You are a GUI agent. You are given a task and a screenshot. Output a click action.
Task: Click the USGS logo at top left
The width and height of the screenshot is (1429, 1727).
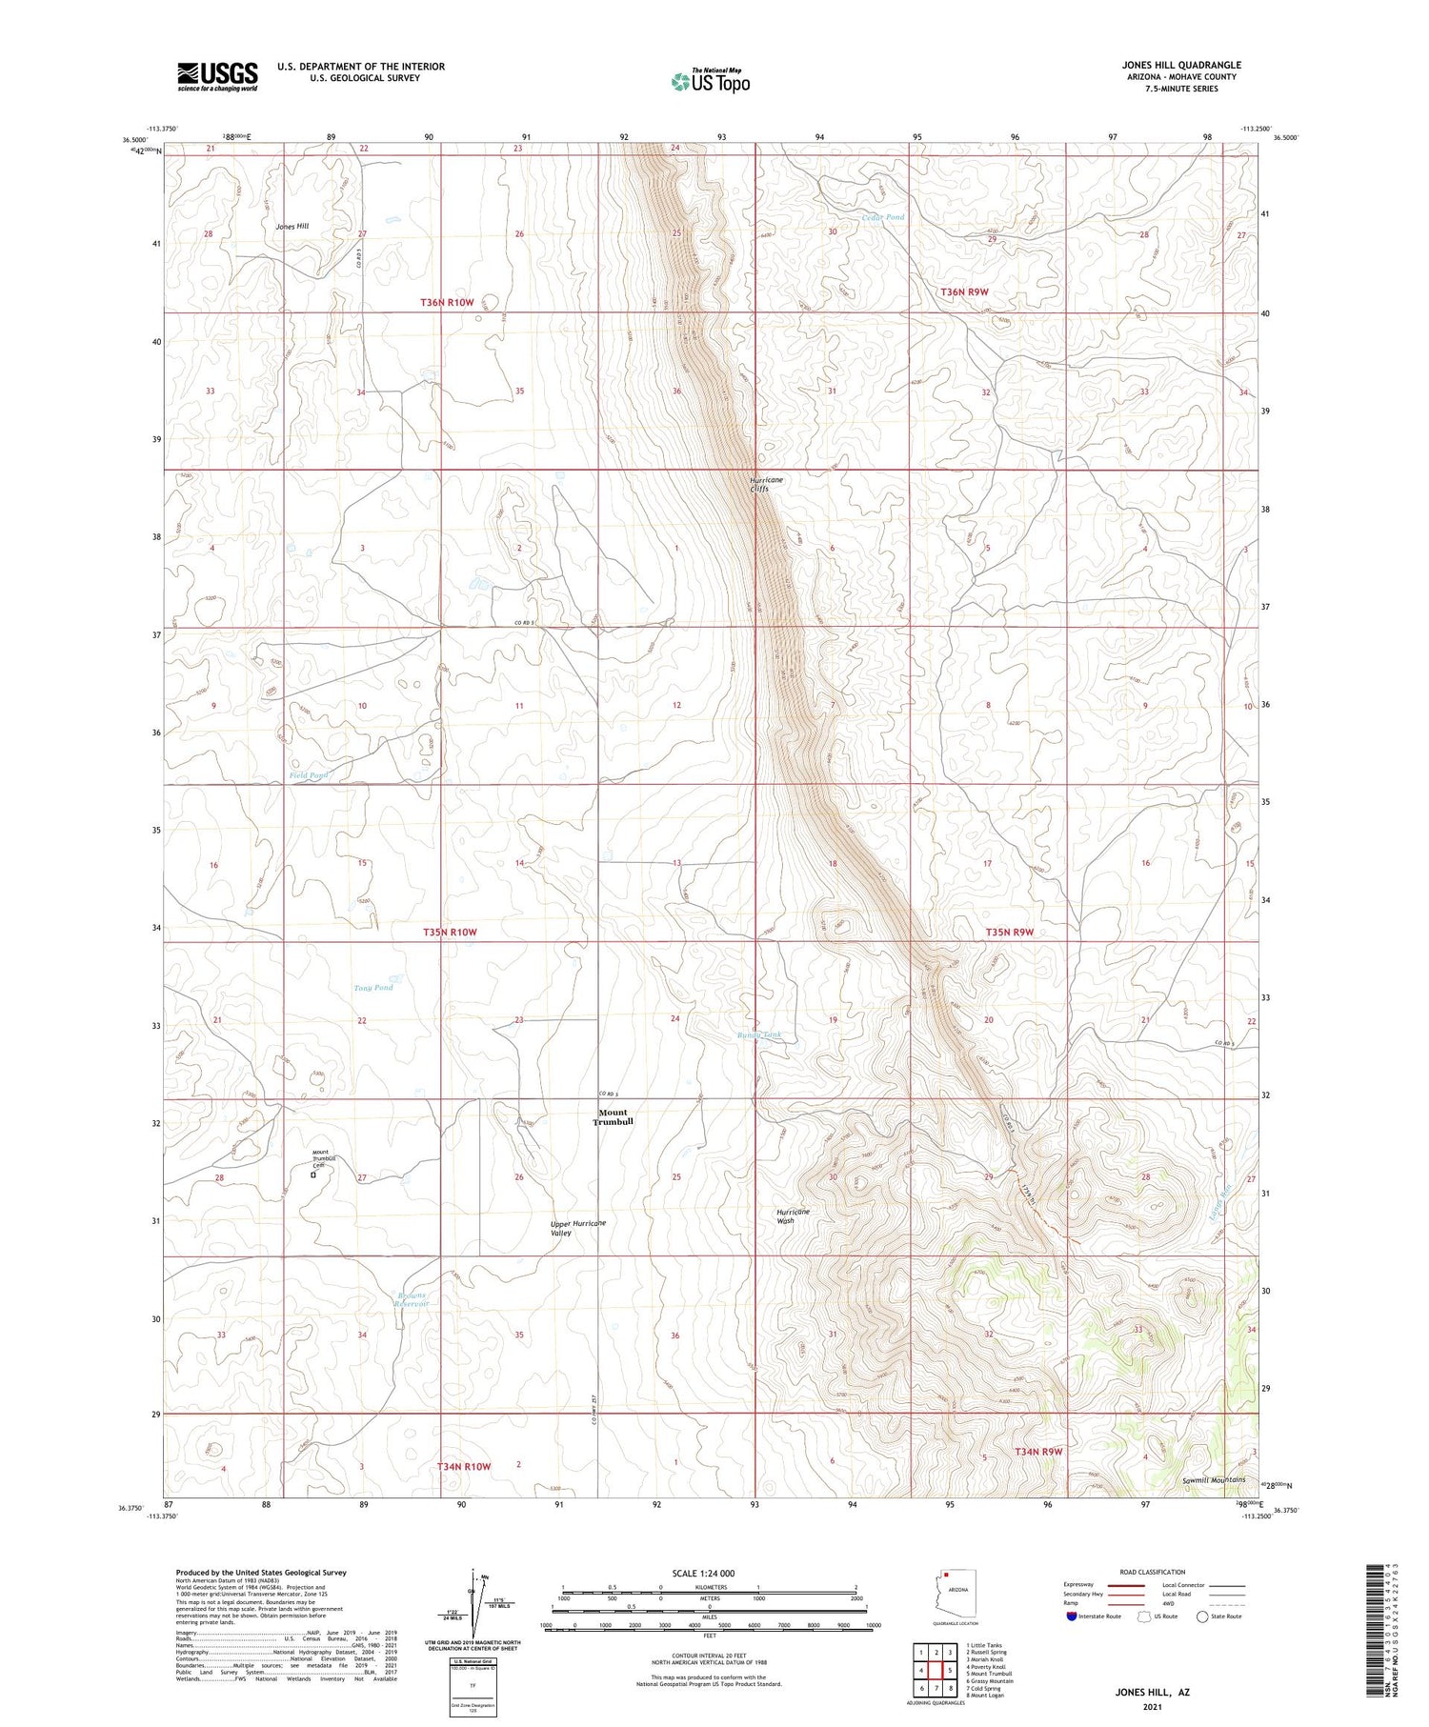[x=217, y=76]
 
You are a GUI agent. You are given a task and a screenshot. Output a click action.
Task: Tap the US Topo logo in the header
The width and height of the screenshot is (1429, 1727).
[x=710, y=81]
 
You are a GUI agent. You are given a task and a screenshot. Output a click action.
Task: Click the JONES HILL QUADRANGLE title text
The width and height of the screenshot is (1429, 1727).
[x=1180, y=65]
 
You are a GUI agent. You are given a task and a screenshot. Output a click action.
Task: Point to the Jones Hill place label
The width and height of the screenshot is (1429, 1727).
[x=292, y=227]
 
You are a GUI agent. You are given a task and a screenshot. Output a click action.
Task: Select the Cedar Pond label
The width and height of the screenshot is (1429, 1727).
[x=883, y=217]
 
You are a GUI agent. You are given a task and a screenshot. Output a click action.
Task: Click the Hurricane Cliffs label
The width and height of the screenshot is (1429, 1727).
[x=766, y=484]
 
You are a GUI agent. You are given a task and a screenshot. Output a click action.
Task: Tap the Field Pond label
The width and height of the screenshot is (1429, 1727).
[x=309, y=775]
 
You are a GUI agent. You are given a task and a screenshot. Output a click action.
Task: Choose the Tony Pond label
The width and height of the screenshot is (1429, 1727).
[x=373, y=988]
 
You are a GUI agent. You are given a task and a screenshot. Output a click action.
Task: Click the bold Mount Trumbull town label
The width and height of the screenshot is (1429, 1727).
[x=613, y=1116]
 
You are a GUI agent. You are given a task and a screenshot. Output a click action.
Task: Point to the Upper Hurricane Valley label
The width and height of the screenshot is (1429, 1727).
[x=577, y=1227]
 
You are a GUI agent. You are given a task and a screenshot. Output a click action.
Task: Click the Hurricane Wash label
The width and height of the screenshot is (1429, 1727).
[x=793, y=1215]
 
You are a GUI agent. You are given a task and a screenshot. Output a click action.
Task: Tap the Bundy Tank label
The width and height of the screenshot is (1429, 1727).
[x=759, y=1034]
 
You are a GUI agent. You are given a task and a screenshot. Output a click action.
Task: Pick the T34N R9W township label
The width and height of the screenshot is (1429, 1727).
[x=1038, y=1451]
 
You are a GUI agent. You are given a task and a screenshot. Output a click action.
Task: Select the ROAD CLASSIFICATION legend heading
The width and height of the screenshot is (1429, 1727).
[x=1153, y=1572]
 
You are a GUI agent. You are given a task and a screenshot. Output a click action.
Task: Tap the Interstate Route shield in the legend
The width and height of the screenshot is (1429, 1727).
[x=1071, y=1617]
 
